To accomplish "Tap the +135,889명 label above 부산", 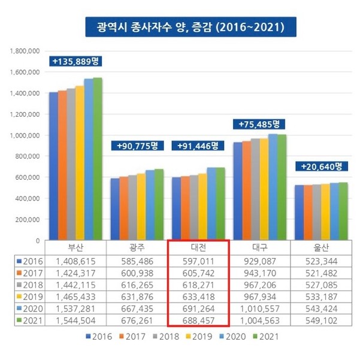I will [75, 61].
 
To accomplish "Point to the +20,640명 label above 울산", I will [321, 166].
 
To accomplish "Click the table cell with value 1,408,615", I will [76, 261].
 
